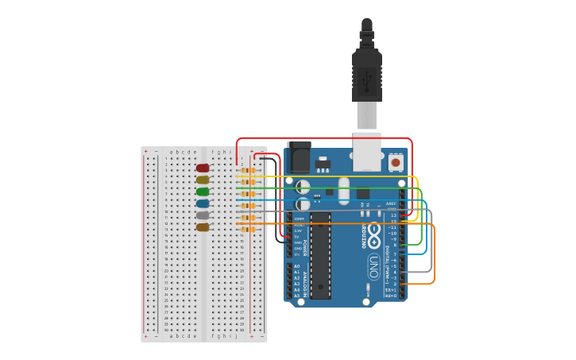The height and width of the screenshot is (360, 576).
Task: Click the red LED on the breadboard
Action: pyautogui.click(x=203, y=168)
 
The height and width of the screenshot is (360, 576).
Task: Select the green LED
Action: pyautogui.click(x=203, y=192)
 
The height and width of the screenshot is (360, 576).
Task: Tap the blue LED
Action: pyautogui.click(x=203, y=203)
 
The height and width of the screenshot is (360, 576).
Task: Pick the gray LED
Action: pyautogui.click(x=203, y=215)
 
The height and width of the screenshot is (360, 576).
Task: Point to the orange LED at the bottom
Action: pyautogui.click(x=203, y=227)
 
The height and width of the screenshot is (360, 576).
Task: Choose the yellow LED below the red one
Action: pyautogui.click(x=203, y=180)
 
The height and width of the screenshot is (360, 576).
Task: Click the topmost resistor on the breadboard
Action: pyautogui.click(x=248, y=170)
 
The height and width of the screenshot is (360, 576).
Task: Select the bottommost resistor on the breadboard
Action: pyautogui.click(x=248, y=230)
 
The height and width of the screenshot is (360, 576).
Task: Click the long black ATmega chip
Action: pyautogui.click(x=320, y=255)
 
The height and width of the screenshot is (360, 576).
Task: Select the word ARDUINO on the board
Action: pyautogui.click(x=364, y=236)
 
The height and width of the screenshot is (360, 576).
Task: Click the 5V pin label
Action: pyautogui.click(x=297, y=236)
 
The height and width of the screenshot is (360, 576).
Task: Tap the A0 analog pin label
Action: pyautogui.click(x=297, y=266)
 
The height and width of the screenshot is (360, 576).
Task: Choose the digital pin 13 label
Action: pyautogui.click(x=393, y=215)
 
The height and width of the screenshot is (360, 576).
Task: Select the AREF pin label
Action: pyautogui.click(x=391, y=203)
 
